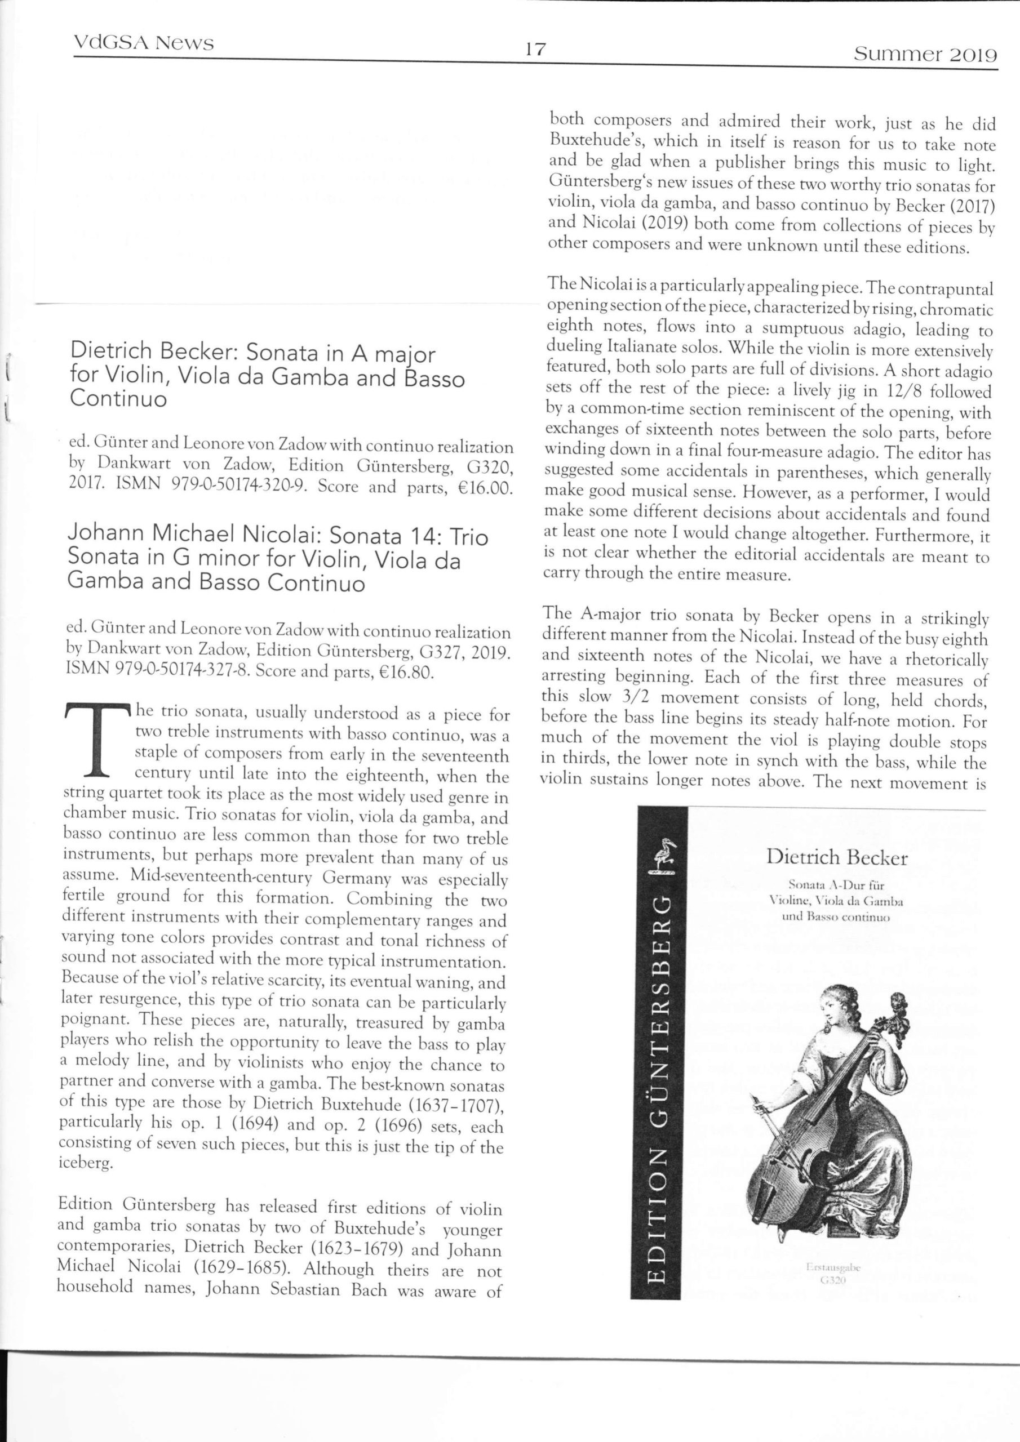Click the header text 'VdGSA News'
(x=144, y=43)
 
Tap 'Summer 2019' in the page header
(x=925, y=55)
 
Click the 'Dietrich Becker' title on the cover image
(x=836, y=857)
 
